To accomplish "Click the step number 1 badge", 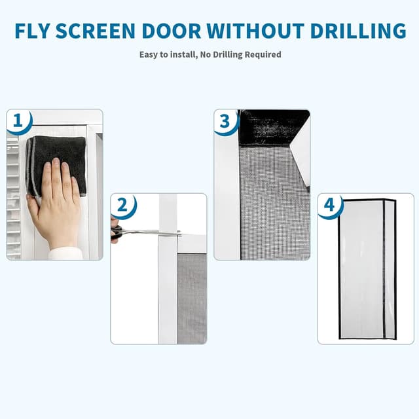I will pos(20,121).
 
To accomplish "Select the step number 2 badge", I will pos(123,205).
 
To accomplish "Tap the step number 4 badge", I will pos(329,205).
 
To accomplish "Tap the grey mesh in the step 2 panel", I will pos(192,295).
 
